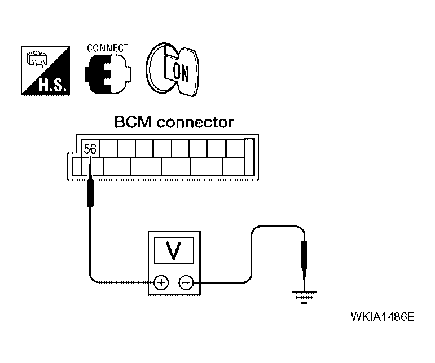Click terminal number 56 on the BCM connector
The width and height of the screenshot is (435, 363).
tap(90, 149)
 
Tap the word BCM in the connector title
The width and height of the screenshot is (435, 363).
tap(133, 122)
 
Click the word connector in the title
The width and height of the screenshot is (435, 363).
tap(195, 122)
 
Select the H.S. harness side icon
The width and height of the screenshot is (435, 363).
tap(46, 70)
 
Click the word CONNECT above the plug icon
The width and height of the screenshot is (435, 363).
tap(108, 48)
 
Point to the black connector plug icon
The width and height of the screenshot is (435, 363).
tap(108, 74)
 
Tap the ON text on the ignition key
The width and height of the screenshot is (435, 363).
tap(181, 72)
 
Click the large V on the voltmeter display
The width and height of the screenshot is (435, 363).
tap(174, 250)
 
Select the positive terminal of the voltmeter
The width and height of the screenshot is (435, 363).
tap(161, 282)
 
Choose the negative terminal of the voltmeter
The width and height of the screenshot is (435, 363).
tap(186, 282)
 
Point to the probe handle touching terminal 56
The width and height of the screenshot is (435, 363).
tap(90, 193)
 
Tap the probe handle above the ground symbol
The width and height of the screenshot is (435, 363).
tap(304, 255)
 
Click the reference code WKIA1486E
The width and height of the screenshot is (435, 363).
tap(383, 316)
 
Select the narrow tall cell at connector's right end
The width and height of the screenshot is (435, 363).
tap(249, 157)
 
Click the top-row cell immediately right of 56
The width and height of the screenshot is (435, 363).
tap(108, 148)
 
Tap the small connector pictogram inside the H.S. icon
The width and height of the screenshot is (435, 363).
tap(37, 59)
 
